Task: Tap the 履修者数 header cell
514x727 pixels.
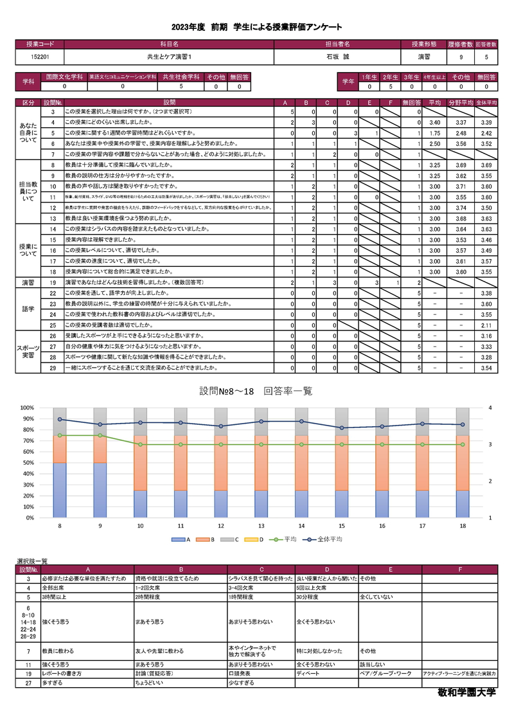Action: (x=460, y=44)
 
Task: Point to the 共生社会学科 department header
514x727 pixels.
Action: (x=181, y=76)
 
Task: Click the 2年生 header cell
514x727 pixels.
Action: (x=390, y=76)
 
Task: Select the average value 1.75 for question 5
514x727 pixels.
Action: (x=434, y=132)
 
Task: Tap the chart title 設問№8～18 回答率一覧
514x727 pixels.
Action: (x=256, y=391)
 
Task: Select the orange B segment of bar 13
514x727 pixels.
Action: (x=261, y=463)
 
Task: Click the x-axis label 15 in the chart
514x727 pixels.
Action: (x=342, y=526)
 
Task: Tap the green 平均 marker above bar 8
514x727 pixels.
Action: (x=60, y=435)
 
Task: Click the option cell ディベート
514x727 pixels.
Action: (x=307, y=674)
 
